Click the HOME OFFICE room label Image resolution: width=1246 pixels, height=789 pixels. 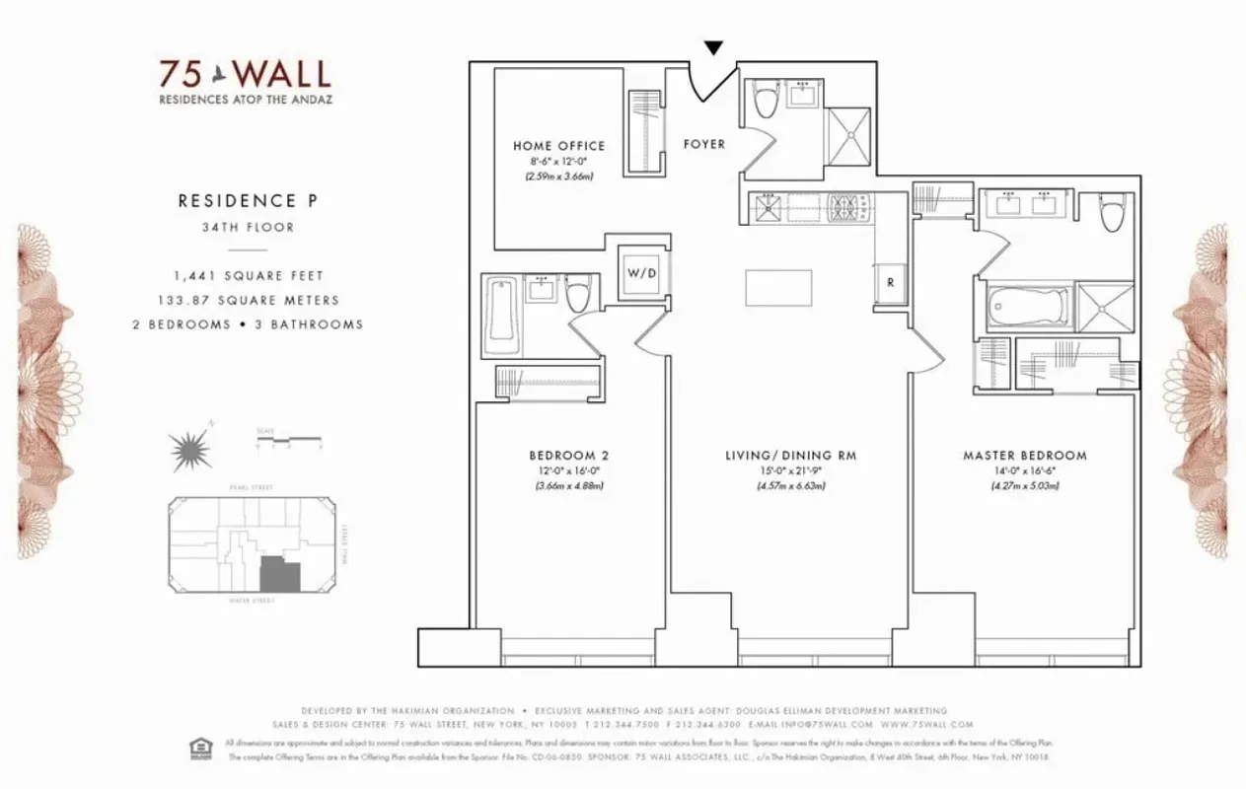click(x=558, y=146)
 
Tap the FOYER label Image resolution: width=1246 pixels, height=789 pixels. click(x=704, y=144)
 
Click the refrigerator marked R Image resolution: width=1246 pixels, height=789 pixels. click(x=890, y=282)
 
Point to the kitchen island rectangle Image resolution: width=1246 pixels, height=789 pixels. click(x=778, y=288)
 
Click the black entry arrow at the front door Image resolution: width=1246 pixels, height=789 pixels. click(x=714, y=47)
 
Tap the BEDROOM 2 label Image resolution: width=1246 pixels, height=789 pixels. click(x=568, y=456)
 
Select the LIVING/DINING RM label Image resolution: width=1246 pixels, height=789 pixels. click(x=790, y=456)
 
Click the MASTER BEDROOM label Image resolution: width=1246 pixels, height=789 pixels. click(x=1024, y=456)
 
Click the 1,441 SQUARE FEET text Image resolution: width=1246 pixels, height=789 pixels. click(x=248, y=276)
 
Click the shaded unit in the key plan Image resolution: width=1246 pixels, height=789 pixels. click(x=276, y=574)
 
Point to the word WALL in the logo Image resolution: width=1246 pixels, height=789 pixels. click(x=282, y=74)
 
